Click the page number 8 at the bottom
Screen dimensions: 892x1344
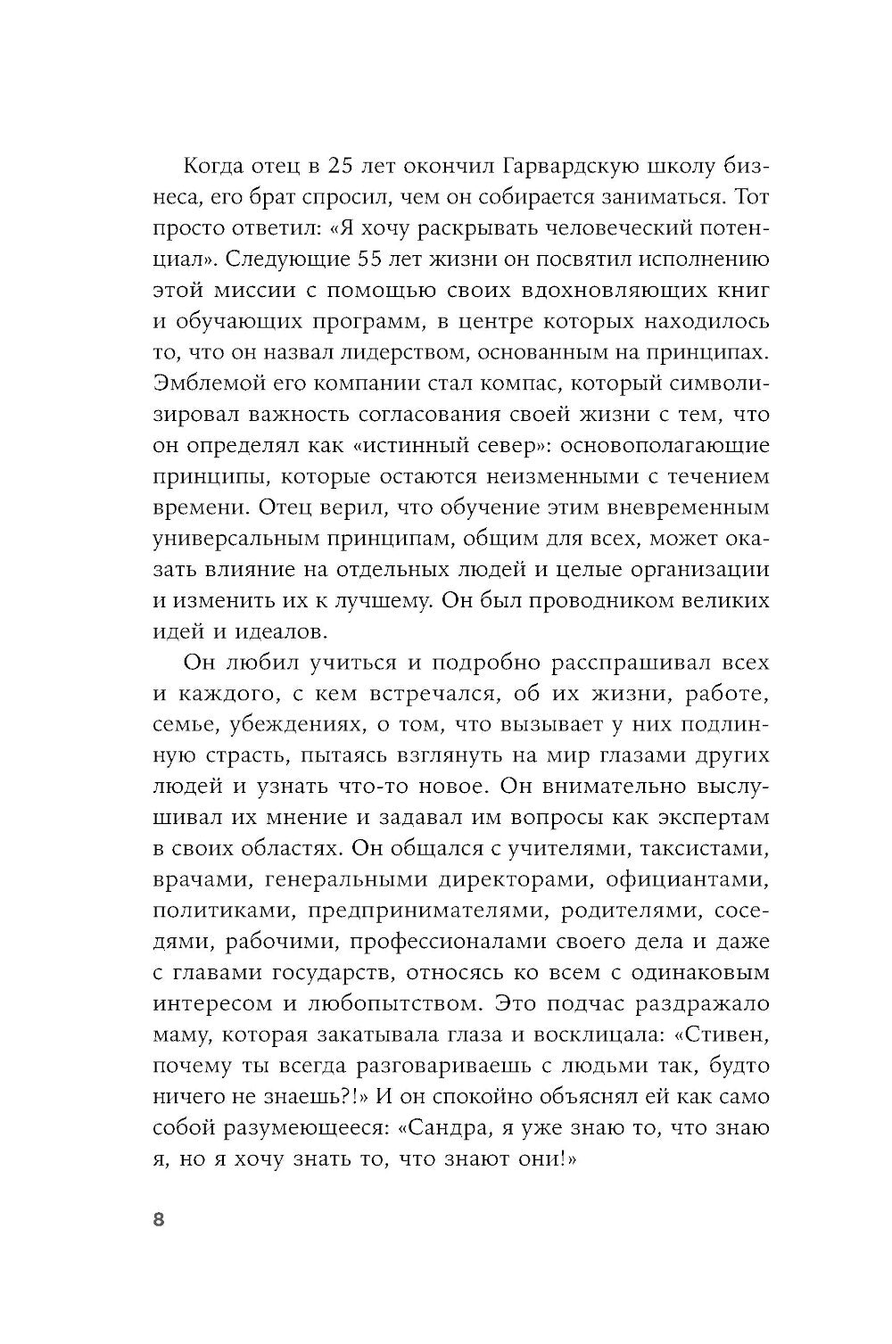[159, 1220]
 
